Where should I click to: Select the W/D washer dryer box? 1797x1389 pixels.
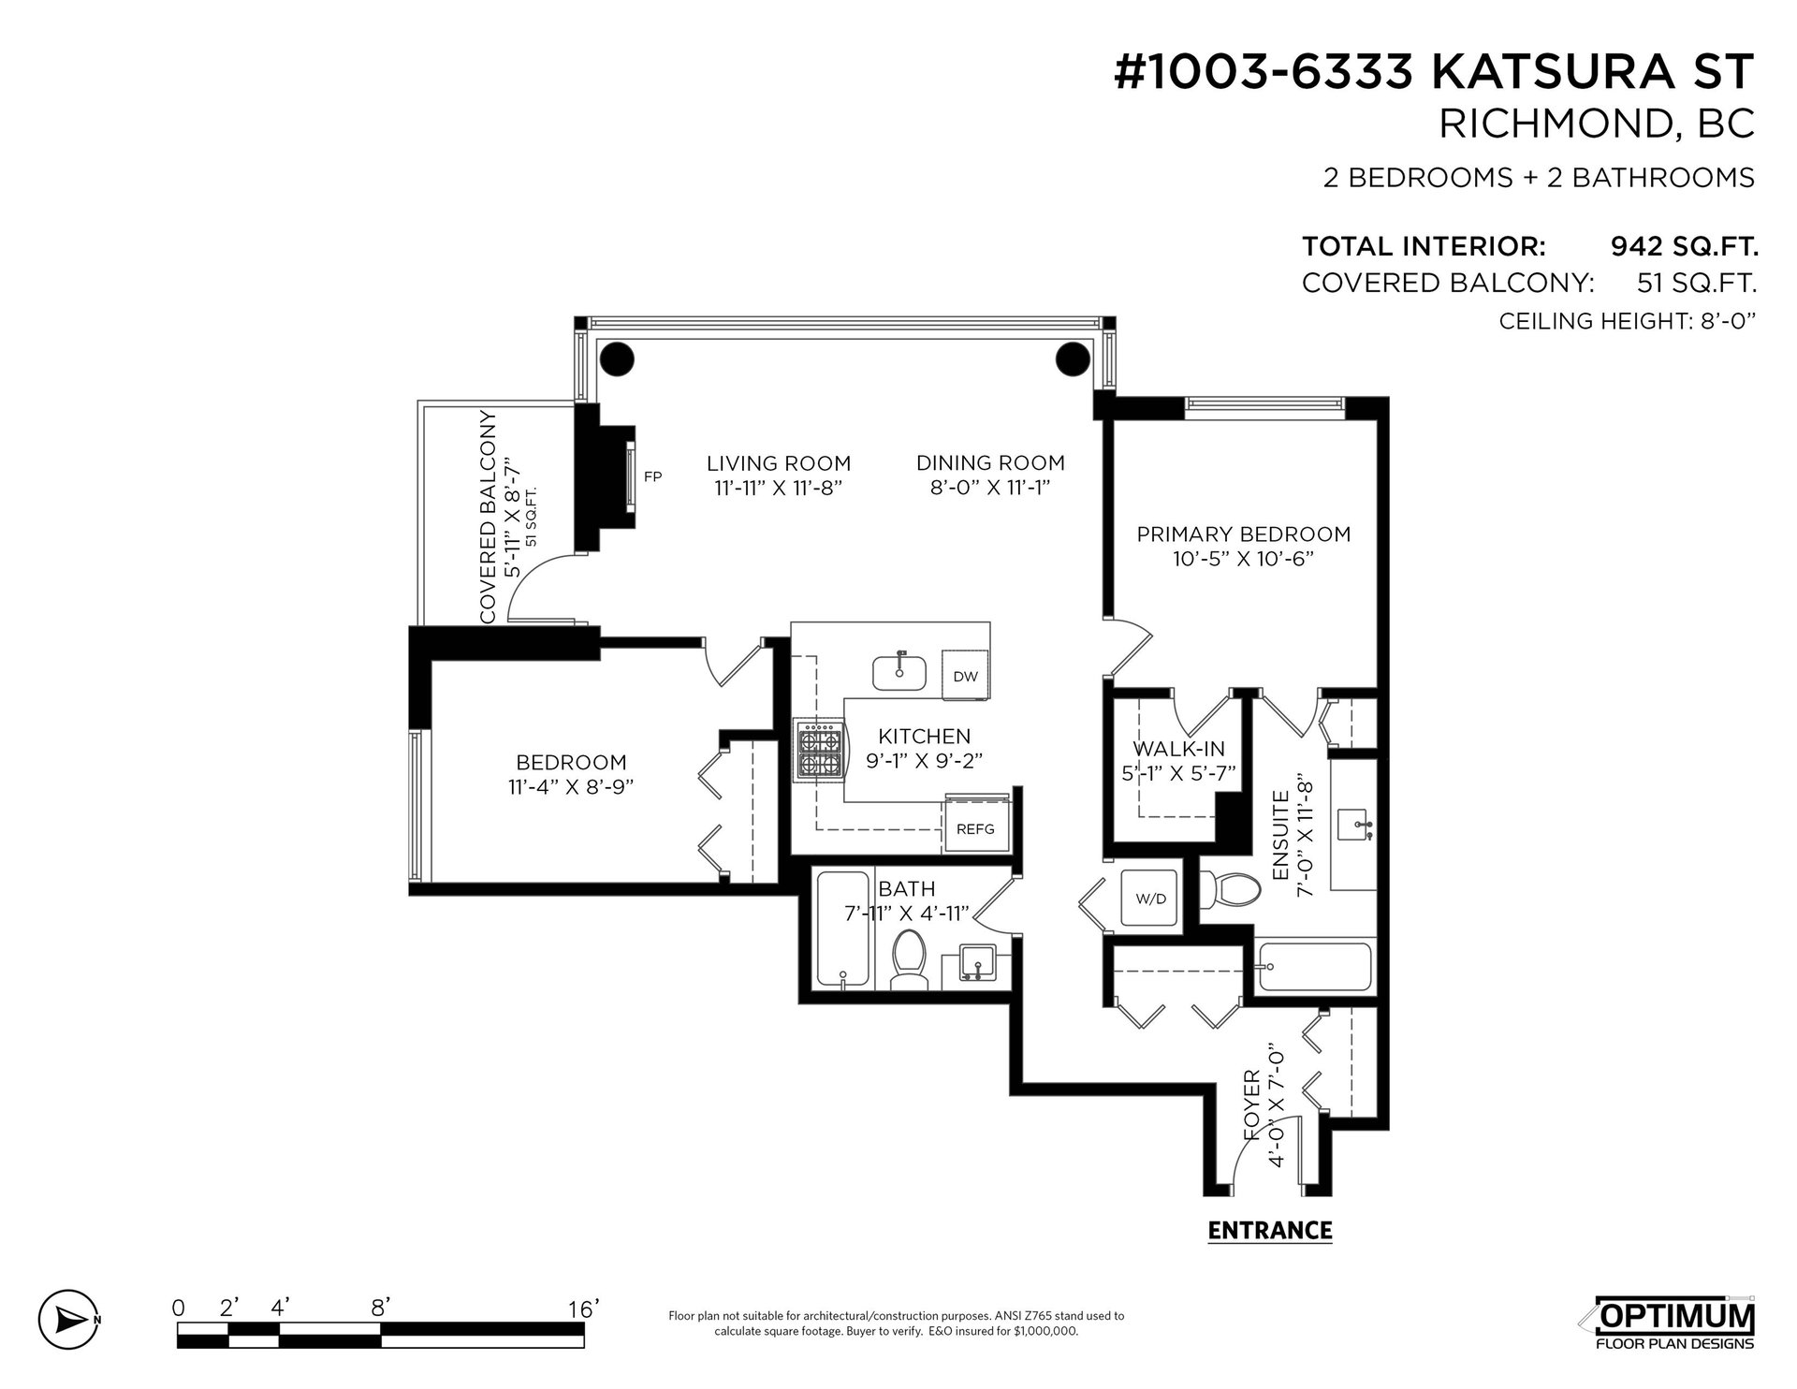pos(1151,899)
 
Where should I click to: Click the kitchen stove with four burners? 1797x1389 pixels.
pos(820,750)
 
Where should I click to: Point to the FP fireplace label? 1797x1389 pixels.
pos(653,476)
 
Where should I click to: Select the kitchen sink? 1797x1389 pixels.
pos(899,671)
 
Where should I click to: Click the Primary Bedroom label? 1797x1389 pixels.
pos(1244,534)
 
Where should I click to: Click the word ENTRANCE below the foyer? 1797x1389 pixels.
pos(1270,1230)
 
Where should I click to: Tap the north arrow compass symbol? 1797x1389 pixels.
pos(68,1320)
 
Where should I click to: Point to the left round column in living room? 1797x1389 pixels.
pos(617,358)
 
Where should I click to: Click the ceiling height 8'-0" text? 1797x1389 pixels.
pos(1627,322)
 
